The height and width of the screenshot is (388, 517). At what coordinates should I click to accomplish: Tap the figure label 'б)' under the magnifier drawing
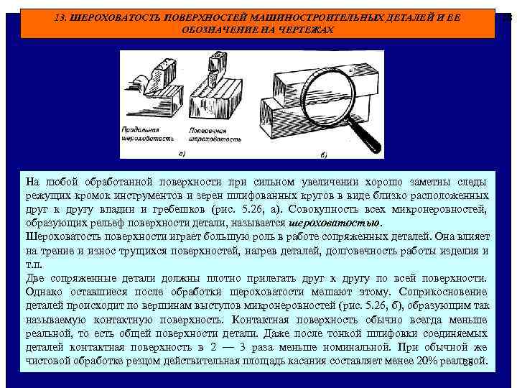click(325, 154)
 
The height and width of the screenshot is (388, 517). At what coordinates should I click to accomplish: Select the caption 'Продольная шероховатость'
click(152, 134)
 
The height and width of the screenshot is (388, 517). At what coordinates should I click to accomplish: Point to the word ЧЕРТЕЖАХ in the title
click(305, 29)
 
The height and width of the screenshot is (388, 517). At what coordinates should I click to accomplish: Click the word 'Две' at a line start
click(36, 277)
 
